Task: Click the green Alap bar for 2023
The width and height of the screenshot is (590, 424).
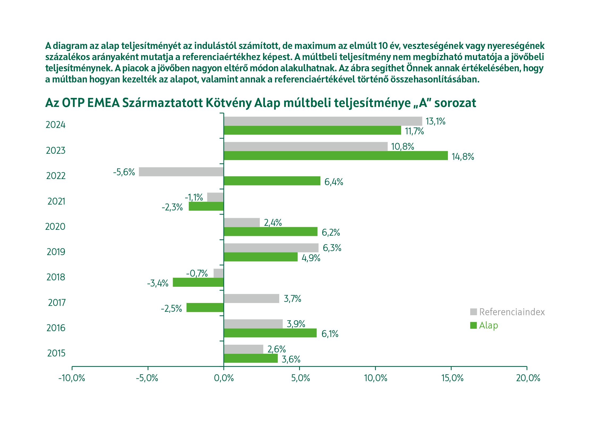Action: tap(336, 156)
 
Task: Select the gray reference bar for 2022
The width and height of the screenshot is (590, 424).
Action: tap(181, 172)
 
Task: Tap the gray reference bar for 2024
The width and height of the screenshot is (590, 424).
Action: tap(323, 121)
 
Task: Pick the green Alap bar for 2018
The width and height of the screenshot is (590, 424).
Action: tap(198, 282)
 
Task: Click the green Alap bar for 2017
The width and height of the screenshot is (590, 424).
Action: tap(205, 307)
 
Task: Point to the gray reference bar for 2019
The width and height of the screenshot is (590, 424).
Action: tap(271, 248)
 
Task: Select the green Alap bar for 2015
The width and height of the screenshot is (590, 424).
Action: tap(251, 358)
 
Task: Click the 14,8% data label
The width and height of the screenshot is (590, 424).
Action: tap(463, 157)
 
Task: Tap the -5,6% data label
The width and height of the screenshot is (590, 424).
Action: tap(124, 172)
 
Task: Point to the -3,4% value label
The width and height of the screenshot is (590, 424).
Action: tap(158, 283)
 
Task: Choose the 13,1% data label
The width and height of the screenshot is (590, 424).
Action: tap(435, 121)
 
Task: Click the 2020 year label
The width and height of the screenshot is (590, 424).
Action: tap(55, 227)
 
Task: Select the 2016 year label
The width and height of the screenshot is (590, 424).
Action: tap(56, 328)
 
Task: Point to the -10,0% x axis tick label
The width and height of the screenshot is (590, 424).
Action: tap(72, 378)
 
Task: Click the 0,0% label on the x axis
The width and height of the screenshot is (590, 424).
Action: tap(224, 378)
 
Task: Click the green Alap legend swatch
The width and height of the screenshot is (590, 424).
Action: tap(473, 325)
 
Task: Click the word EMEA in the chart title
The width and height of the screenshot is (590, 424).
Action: tap(103, 103)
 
